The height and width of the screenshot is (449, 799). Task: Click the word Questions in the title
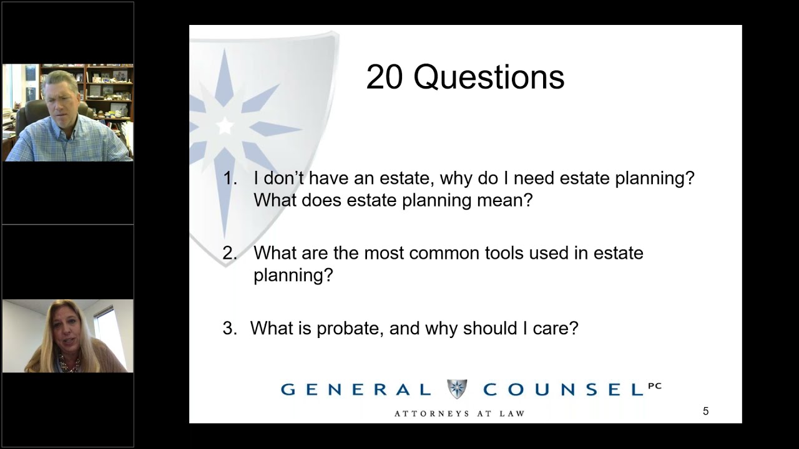click(x=489, y=78)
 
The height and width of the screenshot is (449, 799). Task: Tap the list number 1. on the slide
click(x=230, y=178)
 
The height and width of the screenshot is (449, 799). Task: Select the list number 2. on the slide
click(x=230, y=253)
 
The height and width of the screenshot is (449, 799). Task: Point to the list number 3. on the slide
click(x=230, y=329)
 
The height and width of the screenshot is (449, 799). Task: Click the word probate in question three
click(x=349, y=329)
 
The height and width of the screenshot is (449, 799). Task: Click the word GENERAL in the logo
click(x=356, y=390)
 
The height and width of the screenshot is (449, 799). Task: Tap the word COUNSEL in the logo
click(x=562, y=390)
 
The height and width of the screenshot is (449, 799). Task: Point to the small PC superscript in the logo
click(x=654, y=386)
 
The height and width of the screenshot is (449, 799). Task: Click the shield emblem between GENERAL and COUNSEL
click(x=457, y=389)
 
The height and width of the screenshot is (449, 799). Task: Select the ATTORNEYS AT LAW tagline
click(x=459, y=413)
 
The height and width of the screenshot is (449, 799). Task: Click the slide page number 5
click(x=706, y=412)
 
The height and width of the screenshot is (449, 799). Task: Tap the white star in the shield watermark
click(x=225, y=126)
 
